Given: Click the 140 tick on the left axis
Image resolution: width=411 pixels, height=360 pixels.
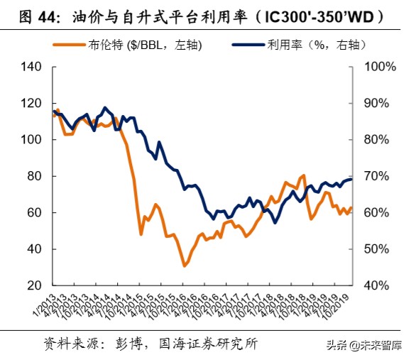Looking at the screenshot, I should (x=35, y=67).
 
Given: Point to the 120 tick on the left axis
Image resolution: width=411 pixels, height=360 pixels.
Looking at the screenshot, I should (x=35, y=104).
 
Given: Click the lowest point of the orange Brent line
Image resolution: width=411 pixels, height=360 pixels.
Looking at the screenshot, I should (x=185, y=266).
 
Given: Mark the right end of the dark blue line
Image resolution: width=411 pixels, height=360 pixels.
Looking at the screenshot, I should (x=351, y=179).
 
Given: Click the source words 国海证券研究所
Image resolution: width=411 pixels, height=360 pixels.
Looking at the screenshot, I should (x=206, y=344).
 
